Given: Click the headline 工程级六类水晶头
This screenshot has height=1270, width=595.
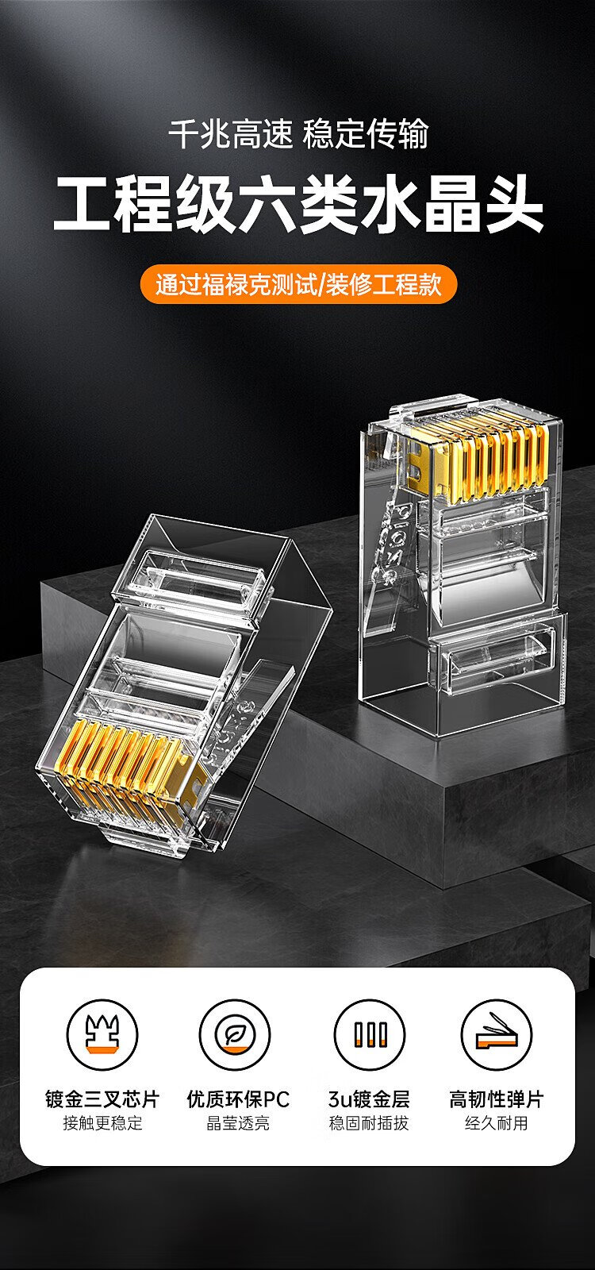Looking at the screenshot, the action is (298, 205).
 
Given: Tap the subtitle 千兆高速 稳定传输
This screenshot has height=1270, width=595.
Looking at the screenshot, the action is (298, 134).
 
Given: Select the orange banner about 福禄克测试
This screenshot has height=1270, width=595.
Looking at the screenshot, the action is (298, 284).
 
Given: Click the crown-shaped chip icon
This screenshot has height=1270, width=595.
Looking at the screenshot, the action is (102, 1035).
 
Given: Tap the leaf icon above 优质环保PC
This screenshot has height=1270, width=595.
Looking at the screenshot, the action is (235, 1035).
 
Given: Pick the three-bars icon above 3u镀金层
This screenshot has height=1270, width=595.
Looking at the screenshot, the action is (369, 1035).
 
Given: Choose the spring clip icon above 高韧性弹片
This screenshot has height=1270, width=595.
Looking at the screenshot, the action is (497, 1035).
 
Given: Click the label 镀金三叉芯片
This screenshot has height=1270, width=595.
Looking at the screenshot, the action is (102, 1099).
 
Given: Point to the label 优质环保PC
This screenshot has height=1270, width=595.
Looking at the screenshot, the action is (238, 1099).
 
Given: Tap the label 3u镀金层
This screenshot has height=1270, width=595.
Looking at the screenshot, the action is (369, 1099).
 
